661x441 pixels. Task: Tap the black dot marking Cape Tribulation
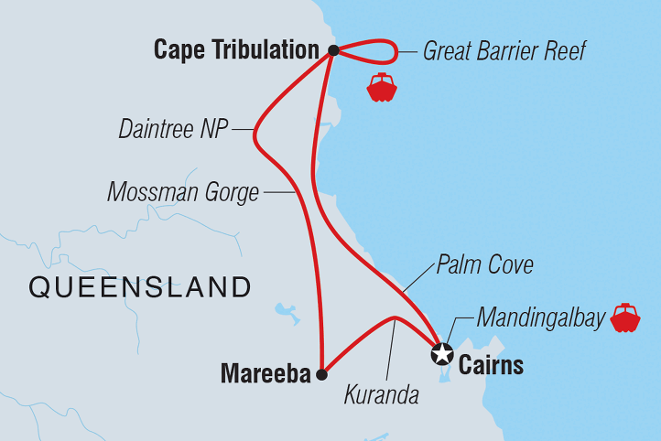click(334, 50)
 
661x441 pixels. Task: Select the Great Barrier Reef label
click(504, 50)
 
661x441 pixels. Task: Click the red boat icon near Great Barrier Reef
click(381, 87)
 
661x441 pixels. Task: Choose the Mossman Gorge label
click(183, 192)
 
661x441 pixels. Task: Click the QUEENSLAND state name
click(140, 287)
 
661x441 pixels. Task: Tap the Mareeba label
click(264, 373)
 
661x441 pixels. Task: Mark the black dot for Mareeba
click(320, 373)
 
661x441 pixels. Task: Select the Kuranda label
click(382, 395)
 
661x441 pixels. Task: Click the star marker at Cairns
click(442, 352)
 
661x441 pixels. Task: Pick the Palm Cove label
click(484, 266)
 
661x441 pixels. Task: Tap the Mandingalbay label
click(540, 318)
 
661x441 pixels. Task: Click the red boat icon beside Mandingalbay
click(626, 317)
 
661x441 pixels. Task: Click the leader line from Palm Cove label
click(417, 280)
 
